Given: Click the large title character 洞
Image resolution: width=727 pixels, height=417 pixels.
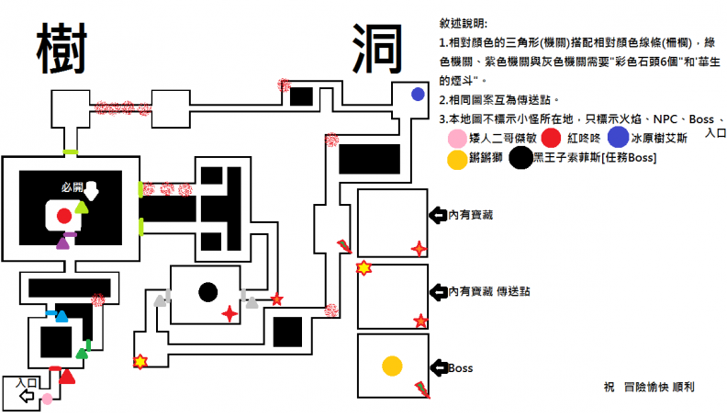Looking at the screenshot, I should [x=376, y=50].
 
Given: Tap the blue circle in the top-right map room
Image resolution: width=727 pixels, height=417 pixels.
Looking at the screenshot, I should [x=418, y=94].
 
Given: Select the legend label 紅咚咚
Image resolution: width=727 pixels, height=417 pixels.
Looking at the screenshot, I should [x=585, y=138].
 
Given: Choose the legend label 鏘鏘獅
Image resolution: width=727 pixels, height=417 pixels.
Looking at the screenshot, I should [x=487, y=159].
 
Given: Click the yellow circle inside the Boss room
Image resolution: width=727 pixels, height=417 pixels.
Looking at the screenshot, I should [x=392, y=365].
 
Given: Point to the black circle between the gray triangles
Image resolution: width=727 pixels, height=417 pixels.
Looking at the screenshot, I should [x=208, y=292].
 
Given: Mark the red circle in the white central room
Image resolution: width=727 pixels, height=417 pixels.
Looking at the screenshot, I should [x=63, y=217].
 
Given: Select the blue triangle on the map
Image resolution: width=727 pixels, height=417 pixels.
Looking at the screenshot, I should [x=62, y=317].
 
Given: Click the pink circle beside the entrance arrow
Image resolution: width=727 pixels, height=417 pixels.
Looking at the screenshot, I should [x=47, y=398].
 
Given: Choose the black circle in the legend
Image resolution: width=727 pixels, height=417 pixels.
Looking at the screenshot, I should [x=520, y=159].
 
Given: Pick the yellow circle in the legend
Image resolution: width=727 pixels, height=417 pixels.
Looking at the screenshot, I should [x=456, y=159].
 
